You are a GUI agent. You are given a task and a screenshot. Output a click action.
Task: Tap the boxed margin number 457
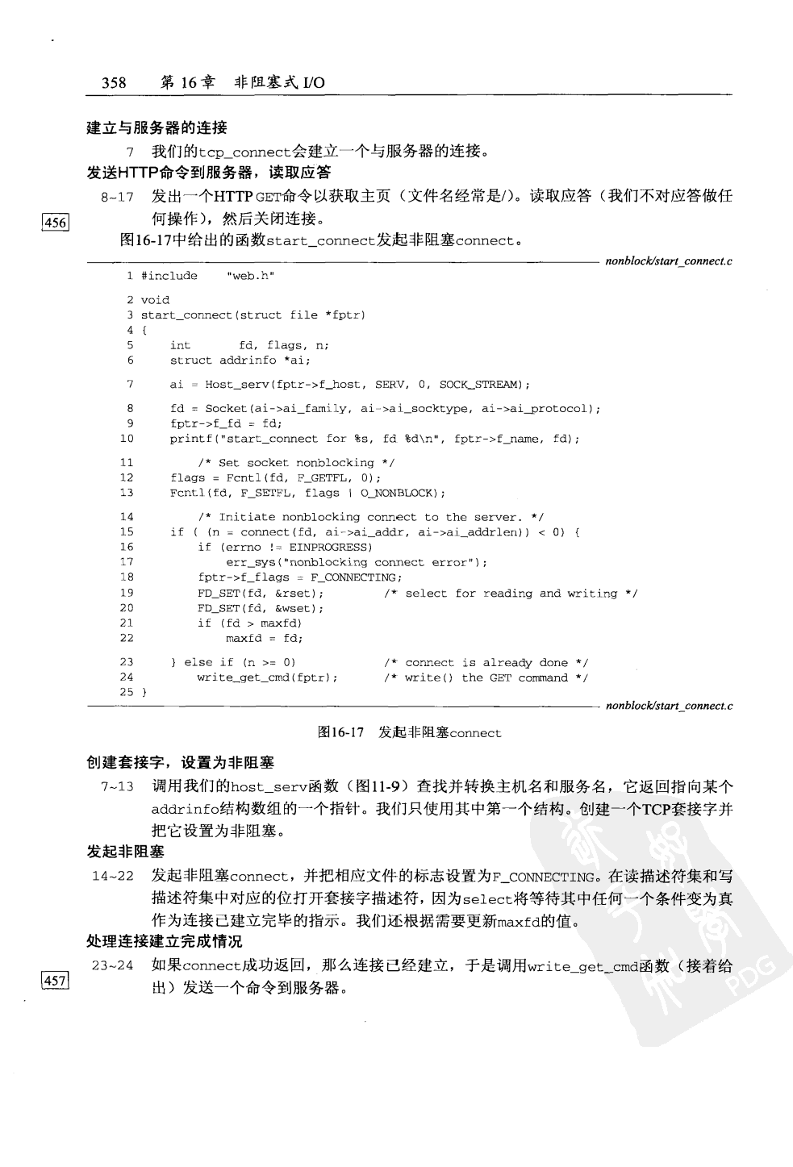pos(56,981)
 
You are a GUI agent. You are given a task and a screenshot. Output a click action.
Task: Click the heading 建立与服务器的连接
pos(157,127)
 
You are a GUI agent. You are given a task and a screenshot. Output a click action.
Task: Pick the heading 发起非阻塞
pos(125,852)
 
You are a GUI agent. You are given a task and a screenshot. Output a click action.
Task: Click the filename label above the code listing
pos(669,260)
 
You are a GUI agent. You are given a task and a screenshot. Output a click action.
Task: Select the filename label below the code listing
pos(669,706)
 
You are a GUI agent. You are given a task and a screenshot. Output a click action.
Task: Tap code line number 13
pos(127,493)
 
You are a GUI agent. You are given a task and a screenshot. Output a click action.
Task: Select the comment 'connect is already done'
pos(486,663)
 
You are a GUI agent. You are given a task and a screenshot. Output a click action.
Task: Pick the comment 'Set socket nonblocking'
pos(296,463)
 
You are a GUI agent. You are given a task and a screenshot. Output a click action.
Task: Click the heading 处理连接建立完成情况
pos(165,941)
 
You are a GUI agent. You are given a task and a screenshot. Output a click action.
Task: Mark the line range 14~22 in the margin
pos(113,877)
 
